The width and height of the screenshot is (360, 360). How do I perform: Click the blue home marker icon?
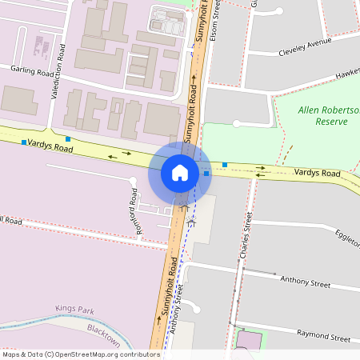pyautogui.click(x=180, y=173)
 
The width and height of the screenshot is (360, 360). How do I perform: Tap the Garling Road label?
pyautogui.click(x=31, y=70)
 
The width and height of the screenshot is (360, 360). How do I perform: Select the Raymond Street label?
pyautogui.click(x=324, y=338)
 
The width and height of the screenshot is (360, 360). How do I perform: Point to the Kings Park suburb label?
pyautogui.click(x=74, y=308)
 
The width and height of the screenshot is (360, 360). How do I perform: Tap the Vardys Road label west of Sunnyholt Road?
pyautogui.click(x=50, y=148)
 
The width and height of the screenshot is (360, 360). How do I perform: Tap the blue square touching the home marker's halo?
pyautogui.click(x=206, y=173)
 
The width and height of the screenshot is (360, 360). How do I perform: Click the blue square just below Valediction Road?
pyautogui.click(x=68, y=139)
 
